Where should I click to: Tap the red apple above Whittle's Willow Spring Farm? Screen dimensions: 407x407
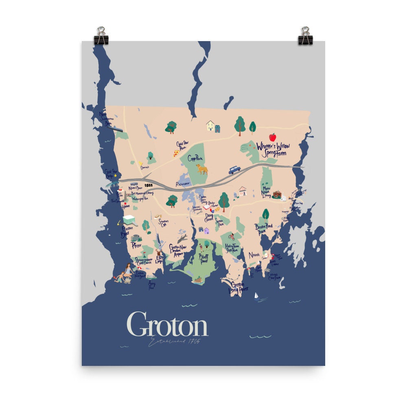pyautogui.click(x=273, y=137)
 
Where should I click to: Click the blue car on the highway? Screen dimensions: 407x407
pyautogui.click(x=234, y=170)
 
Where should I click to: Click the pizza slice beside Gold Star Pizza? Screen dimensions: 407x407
pyautogui.click(x=176, y=153)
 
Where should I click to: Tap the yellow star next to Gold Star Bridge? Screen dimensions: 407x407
pyautogui.click(x=116, y=175)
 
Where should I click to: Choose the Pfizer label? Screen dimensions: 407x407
pyautogui.click(x=136, y=245)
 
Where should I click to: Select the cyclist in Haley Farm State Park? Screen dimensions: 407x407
pyautogui.click(x=232, y=236)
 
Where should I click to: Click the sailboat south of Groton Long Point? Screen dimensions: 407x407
pyautogui.click(x=256, y=295)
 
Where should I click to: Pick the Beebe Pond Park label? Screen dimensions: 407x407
pyautogui.click(x=263, y=229)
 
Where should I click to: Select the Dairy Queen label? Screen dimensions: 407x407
pyautogui.click(x=209, y=217)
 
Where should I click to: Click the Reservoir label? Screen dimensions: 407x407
pyautogui.click(x=183, y=184)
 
